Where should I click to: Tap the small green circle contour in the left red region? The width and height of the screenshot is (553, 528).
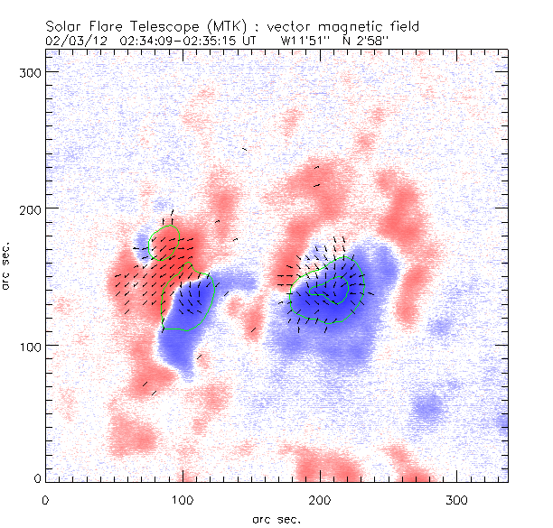(x=164, y=242)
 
